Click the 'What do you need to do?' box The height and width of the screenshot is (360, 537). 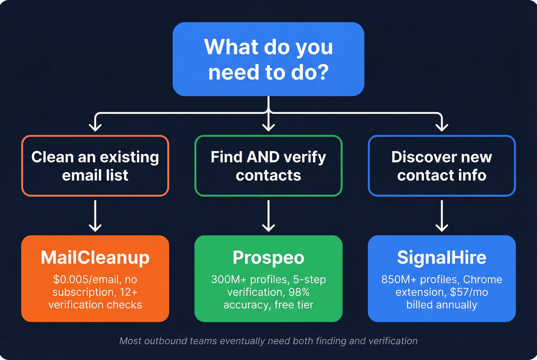pyautogui.click(x=268, y=59)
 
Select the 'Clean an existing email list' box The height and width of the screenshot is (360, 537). pyautogui.click(x=95, y=166)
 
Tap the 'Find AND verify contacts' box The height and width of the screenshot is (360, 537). pyautogui.click(x=268, y=166)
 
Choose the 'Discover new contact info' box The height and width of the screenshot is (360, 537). pyautogui.click(x=441, y=166)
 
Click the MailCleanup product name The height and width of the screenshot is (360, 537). pyautogui.click(x=95, y=258)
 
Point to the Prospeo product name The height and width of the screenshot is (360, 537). pyautogui.click(x=268, y=258)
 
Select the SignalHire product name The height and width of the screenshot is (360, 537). pyautogui.click(x=441, y=258)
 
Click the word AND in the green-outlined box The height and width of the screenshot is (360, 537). pyautogui.click(x=263, y=157)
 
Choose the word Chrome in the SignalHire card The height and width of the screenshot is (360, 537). pyautogui.click(x=483, y=279)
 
